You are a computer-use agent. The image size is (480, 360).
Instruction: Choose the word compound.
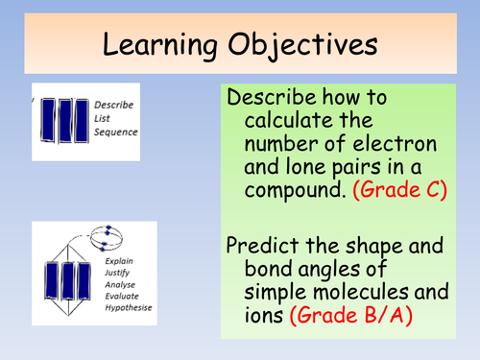pyautogui.click(x=286, y=189)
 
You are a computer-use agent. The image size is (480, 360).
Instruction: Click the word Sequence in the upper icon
pyautogui.click(x=116, y=132)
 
